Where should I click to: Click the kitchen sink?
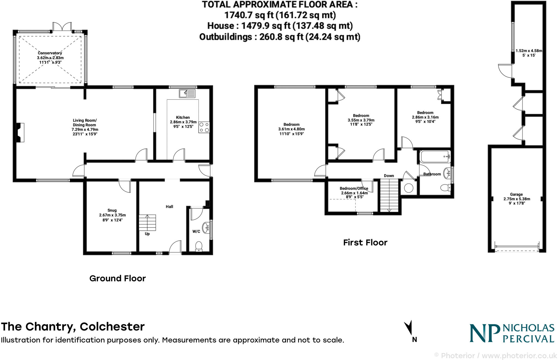point(187,93)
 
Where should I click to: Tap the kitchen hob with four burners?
point(204,127)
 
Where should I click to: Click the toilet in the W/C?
point(199,246)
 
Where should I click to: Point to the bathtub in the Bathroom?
point(435,157)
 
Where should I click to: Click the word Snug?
point(112,210)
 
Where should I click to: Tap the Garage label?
point(516,194)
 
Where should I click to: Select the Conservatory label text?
point(50,53)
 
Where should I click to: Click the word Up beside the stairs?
point(147,234)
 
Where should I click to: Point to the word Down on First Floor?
point(389,176)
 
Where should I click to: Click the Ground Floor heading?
point(117,278)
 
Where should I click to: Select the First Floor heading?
point(365,242)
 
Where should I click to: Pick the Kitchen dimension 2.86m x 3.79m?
point(183,122)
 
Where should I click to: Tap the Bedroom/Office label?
point(354,188)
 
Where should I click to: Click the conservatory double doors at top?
point(62,27)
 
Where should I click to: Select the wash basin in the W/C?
point(206,227)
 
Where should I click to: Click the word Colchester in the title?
point(112,327)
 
